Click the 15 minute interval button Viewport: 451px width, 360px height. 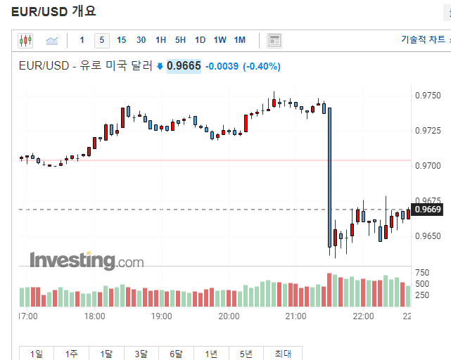122,40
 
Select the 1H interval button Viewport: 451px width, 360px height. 161,40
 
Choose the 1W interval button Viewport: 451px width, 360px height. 220,40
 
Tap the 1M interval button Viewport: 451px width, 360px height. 240,40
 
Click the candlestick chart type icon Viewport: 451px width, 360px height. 26,40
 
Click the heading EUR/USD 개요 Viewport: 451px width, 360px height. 53,11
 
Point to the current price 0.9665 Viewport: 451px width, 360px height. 184,66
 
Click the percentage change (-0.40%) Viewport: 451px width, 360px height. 262,66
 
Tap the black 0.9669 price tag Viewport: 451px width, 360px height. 427,209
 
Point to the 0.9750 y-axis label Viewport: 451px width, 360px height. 428,96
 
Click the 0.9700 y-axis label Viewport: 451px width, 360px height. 428,165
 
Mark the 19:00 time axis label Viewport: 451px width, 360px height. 162,316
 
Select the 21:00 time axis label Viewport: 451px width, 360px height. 296,316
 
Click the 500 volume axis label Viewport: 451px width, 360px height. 422,283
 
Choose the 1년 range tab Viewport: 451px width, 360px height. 211,354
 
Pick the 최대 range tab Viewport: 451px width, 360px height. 282,354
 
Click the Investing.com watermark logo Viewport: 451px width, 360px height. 86,260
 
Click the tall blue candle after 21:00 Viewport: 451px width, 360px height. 329,176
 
